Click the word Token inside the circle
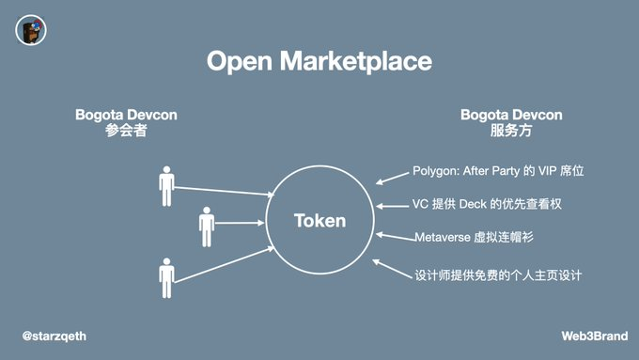pos(319,221)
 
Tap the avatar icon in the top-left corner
pos(31,31)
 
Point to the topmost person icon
pos(167,186)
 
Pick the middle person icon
pos(207,227)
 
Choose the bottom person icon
pos(167,277)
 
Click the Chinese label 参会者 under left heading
pos(126,132)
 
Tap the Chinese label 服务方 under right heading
pos(511,132)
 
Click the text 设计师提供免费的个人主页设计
pos(498,275)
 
